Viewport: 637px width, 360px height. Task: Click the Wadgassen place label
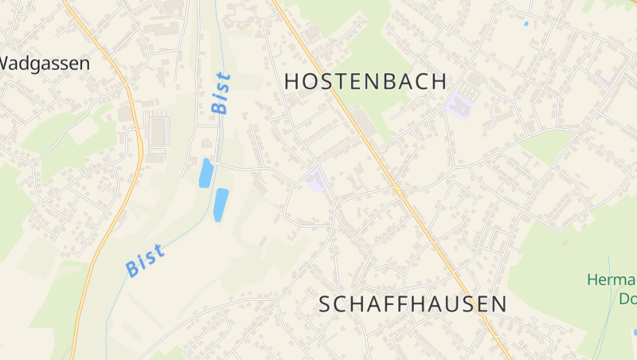pos(45,64)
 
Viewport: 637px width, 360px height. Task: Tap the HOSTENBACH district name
pos(365,81)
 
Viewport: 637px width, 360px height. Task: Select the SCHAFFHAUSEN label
pos(412,303)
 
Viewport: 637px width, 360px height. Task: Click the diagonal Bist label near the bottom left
pos(146,260)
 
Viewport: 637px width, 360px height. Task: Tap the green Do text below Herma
pos(627,299)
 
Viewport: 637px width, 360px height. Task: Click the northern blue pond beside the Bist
pos(205,172)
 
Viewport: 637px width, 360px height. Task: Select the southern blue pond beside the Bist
pos(221,204)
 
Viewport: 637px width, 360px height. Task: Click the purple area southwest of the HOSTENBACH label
pos(316,180)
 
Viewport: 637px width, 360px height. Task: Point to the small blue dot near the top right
pos(526,24)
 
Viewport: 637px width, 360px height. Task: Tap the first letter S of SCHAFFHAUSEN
pos(326,303)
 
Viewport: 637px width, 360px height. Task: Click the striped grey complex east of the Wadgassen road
pos(157,130)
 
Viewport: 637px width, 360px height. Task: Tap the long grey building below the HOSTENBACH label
pos(364,122)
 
